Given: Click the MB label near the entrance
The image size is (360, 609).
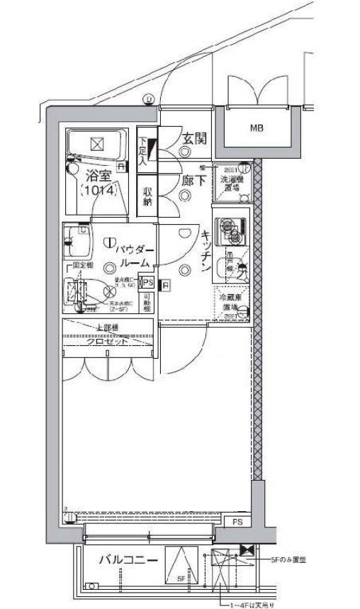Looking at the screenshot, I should click(255, 128).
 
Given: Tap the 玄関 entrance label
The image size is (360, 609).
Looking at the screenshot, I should click(193, 139).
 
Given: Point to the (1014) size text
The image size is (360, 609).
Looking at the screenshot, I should click(98, 190).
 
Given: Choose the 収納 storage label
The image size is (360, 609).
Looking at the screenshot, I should click(147, 196).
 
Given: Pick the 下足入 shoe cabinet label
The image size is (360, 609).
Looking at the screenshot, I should click(143, 150).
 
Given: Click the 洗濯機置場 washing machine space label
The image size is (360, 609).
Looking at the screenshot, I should click(232, 181).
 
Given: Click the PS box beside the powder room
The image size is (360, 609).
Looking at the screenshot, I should click(147, 282).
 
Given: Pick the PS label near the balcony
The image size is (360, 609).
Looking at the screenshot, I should click(236, 523).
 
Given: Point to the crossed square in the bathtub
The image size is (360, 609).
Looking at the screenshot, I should click(97, 144).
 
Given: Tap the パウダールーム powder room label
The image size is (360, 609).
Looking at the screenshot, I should click(130, 256).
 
